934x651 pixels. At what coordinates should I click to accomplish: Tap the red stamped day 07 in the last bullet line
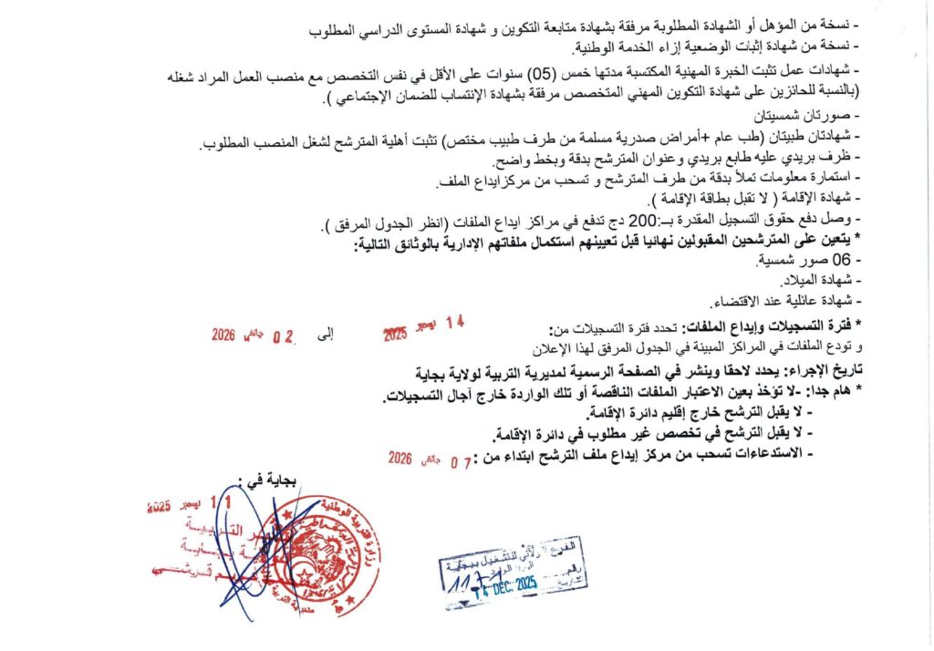coord(462,460)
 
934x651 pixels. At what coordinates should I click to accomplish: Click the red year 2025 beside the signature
coord(159,508)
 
